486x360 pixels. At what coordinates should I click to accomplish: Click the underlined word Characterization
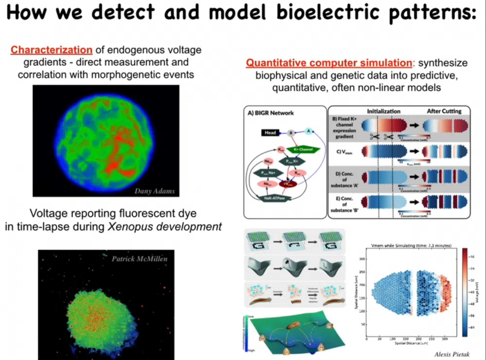click(x=52, y=50)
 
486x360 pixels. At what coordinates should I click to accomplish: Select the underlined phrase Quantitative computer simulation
click(x=328, y=63)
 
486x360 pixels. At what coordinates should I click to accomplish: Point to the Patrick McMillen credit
click(x=139, y=258)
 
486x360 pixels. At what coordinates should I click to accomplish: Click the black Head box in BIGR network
click(x=270, y=133)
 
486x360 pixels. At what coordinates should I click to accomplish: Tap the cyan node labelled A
click(x=308, y=130)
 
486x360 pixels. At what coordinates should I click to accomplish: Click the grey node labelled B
click(x=291, y=132)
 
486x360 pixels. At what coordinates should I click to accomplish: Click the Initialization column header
click(x=383, y=111)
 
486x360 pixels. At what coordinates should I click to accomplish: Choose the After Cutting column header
click(x=444, y=111)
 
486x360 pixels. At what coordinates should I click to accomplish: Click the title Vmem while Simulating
click(x=408, y=246)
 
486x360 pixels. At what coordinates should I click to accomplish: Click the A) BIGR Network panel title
click(x=271, y=113)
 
